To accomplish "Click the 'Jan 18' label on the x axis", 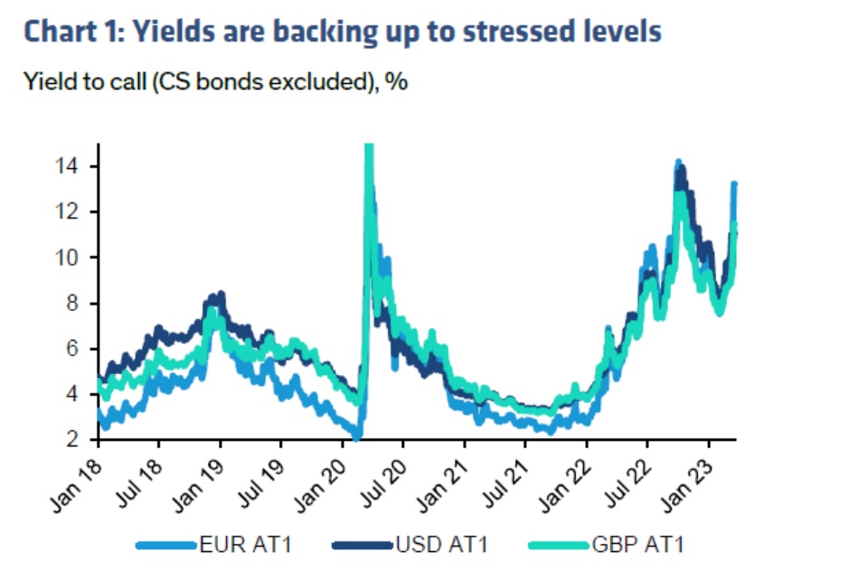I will tap(77, 473).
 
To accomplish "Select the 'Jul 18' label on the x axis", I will tap(139, 473).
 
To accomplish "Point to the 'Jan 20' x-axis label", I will tap(322, 473).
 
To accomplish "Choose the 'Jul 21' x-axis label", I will tap(506, 473).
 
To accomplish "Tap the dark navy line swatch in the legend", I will tap(363, 545).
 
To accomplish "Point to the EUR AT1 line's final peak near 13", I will tap(734, 185).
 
